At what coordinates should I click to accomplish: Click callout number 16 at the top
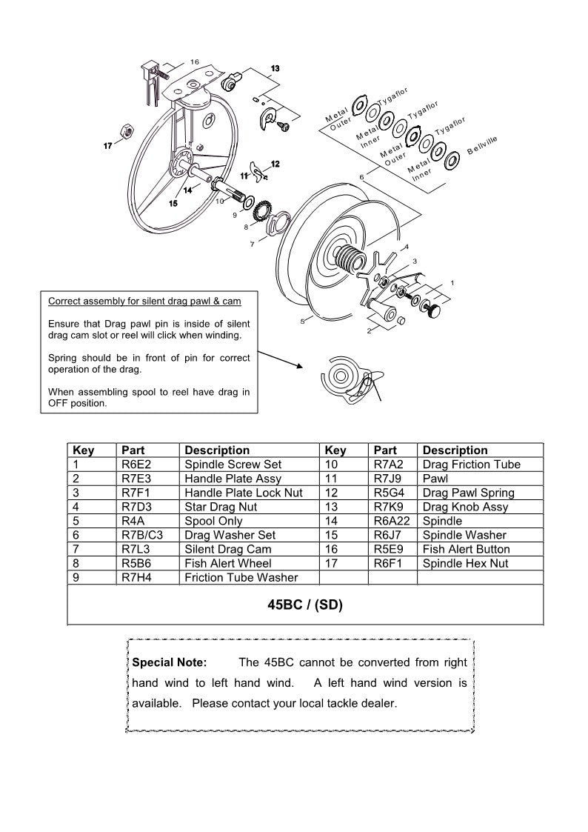pyautogui.click(x=194, y=61)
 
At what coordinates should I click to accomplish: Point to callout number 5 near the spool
pyautogui.click(x=302, y=322)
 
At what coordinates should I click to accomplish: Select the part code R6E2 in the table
pyautogui.click(x=136, y=465)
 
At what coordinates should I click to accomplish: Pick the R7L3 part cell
pyautogui.click(x=136, y=549)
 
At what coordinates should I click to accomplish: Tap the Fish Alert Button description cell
pyautogui.click(x=466, y=549)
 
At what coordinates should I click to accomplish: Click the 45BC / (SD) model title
pyautogui.click(x=305, y=605)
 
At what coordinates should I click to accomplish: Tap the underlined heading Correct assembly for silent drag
pyautogui.click(x=144, y=302)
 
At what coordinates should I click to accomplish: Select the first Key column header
pyautogui.click(x=83, y=450)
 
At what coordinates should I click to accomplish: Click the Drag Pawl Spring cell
pyautogui.click(x=468, y=493)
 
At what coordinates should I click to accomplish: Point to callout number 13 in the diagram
pyautogui.click(x=275, y=68)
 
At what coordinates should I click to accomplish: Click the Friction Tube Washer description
pyautogui.click(x=241, y=577)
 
